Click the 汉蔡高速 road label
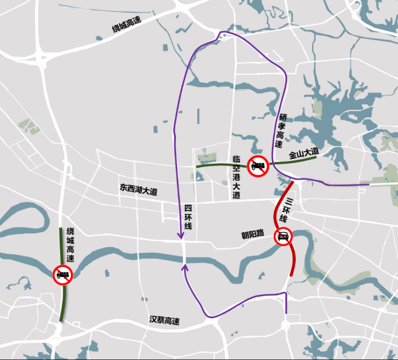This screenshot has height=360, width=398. [x=164, y=321]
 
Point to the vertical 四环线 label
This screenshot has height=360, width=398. [x=188, y=217]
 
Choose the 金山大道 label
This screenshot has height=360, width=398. [x=304, y=153]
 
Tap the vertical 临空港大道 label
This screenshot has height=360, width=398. [x=236, y=177]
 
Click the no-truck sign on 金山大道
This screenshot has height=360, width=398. [x=258, y=166]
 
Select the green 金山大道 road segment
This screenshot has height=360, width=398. [x=221, y=166]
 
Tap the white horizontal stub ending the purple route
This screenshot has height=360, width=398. [x=384, y=184]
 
